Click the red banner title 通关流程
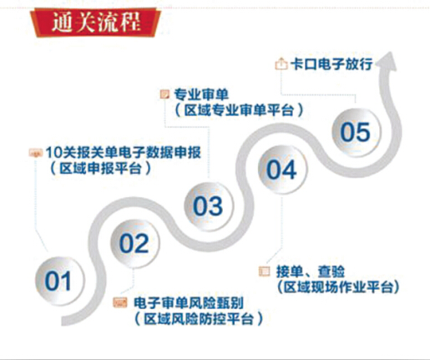tap(96, 22)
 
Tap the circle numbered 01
tap(58, 281)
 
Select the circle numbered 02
tap(134, 243)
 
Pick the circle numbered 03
tap(209, 206)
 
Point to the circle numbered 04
tap(282, 170)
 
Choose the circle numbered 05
tap(356, 132)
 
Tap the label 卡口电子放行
tap(331, 64)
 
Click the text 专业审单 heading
tap(201, 94)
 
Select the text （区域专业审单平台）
tap(239, 110)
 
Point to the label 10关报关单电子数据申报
tap(124, 153)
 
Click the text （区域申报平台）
tap(101, 169)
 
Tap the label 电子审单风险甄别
tap(189, 303)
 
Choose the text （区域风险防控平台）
tap(199, 319)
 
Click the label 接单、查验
tap(311, 271)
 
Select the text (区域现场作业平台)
tap(338, 287)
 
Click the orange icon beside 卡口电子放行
tap(281, 63)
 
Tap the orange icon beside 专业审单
tap(164, 94)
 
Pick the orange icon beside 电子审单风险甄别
tap(120, 302)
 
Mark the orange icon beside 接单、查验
tap(265, 271)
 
